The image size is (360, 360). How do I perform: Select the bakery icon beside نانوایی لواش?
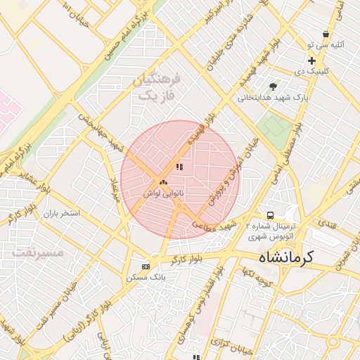tap(163, 181)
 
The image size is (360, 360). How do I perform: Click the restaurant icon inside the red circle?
tap(179, 167)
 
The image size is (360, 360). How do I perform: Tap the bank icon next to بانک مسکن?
tap(146, 266)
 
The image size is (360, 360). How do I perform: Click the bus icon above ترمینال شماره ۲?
tap(269, 214)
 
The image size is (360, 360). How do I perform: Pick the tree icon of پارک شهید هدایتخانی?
tap(264, 86)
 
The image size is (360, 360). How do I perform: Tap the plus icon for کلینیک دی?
tap(311, 61)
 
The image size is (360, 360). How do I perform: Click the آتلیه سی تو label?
tap(328, 44)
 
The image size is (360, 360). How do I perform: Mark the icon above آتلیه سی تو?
tap(326, 34)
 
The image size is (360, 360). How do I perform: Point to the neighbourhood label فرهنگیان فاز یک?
tap(156, 86)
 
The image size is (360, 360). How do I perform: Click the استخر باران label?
tap(61, 212)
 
